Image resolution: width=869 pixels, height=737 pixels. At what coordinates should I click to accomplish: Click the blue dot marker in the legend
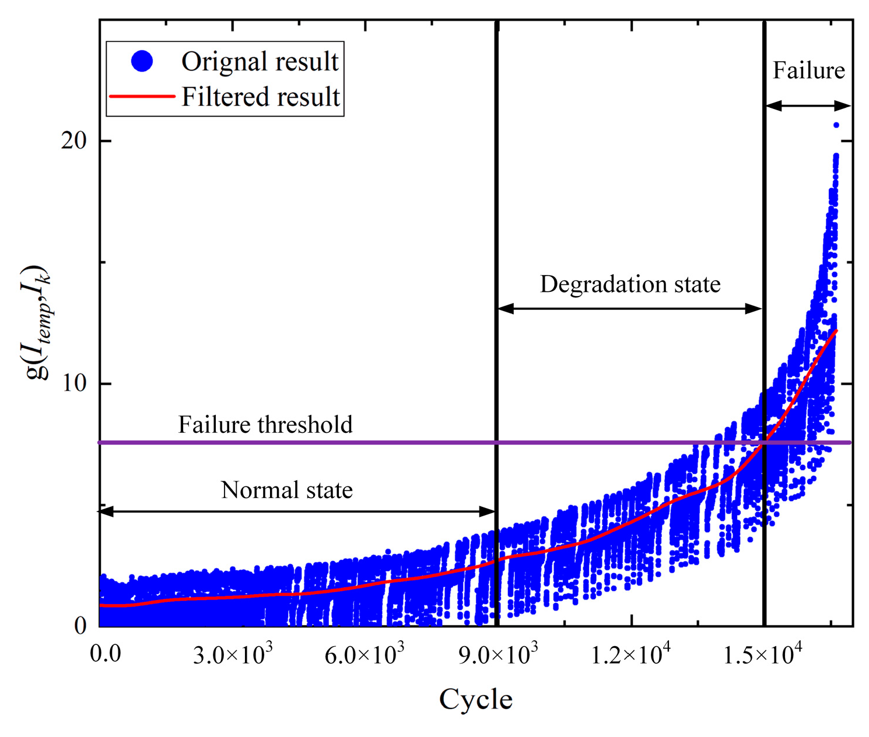(142, 61)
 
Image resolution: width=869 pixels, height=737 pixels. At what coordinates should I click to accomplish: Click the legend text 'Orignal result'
(260, 61)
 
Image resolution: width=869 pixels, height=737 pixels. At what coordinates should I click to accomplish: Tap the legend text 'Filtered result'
(260, 97)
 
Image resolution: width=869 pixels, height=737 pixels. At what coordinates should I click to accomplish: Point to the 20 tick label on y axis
(73, 141)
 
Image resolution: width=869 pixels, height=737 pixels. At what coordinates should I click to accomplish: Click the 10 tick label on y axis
(73, 383)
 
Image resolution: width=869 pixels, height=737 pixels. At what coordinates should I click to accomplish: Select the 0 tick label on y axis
(80, 626)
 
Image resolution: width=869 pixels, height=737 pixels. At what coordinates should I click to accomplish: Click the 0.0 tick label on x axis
(106, 654)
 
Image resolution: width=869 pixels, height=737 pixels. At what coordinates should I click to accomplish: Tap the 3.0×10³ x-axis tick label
(232, 655)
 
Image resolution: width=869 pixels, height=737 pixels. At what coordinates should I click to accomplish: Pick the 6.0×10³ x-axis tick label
(365, 655)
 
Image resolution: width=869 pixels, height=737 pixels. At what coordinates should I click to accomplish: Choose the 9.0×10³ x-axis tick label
(497, 655)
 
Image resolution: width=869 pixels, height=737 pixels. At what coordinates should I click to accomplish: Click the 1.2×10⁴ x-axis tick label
(630, 655)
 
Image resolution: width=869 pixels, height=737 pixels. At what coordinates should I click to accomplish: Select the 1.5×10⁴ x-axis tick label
(763, 655)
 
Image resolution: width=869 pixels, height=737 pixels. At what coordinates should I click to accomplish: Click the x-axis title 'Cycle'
(475, 699)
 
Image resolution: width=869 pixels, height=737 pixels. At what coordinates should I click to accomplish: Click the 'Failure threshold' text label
(265, 425)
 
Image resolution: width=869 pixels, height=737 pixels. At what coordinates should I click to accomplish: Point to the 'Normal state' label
(286, 490)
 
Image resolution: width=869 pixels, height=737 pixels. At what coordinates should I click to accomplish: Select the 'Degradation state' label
(630, 284)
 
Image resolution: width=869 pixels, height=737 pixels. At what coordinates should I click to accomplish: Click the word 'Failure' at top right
(808, 70)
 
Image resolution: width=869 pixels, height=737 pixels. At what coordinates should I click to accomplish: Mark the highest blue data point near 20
(836, 125)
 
